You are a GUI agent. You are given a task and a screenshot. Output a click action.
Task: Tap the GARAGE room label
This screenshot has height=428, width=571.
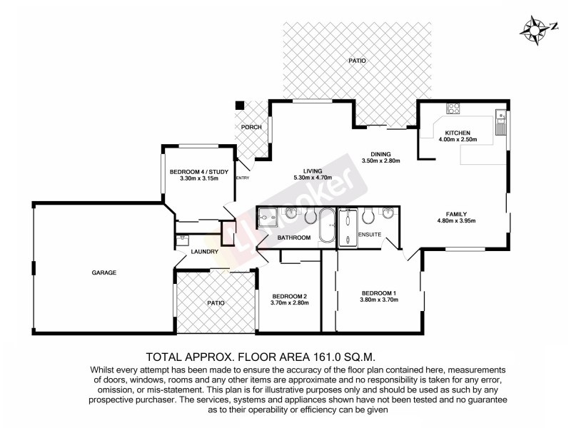point(103,272)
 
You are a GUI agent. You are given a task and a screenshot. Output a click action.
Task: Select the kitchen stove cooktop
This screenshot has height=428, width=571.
point(453,109)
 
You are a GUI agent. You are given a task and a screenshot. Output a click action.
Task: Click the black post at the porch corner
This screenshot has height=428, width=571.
point(241,106)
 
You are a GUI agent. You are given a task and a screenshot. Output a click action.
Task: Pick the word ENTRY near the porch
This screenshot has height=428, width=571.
point(243,178)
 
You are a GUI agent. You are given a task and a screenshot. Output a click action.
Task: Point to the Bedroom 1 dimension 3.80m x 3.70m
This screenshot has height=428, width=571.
point(379,300)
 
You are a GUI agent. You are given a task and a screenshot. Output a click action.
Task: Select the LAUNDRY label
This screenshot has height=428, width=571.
point(203,251)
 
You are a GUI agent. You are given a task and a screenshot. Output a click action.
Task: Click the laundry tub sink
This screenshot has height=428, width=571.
point(183,240)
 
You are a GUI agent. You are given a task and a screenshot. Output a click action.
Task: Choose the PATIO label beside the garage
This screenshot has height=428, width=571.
point(215,303)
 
